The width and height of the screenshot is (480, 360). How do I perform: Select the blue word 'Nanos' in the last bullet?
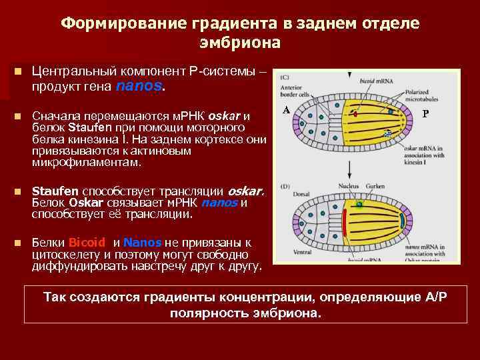point(142,243)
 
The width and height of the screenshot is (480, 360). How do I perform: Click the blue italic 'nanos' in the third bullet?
point(219,203)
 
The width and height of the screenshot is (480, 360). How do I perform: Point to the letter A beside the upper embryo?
point(285,110)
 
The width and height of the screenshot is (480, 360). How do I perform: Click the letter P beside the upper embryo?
point(425,113)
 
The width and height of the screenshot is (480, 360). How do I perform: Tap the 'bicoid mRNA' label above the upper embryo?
point(377,80)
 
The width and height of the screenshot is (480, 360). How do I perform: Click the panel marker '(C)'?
point(286,75)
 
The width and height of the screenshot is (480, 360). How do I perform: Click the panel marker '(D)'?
point(286,185)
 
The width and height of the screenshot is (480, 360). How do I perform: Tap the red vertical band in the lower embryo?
point(345,223)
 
